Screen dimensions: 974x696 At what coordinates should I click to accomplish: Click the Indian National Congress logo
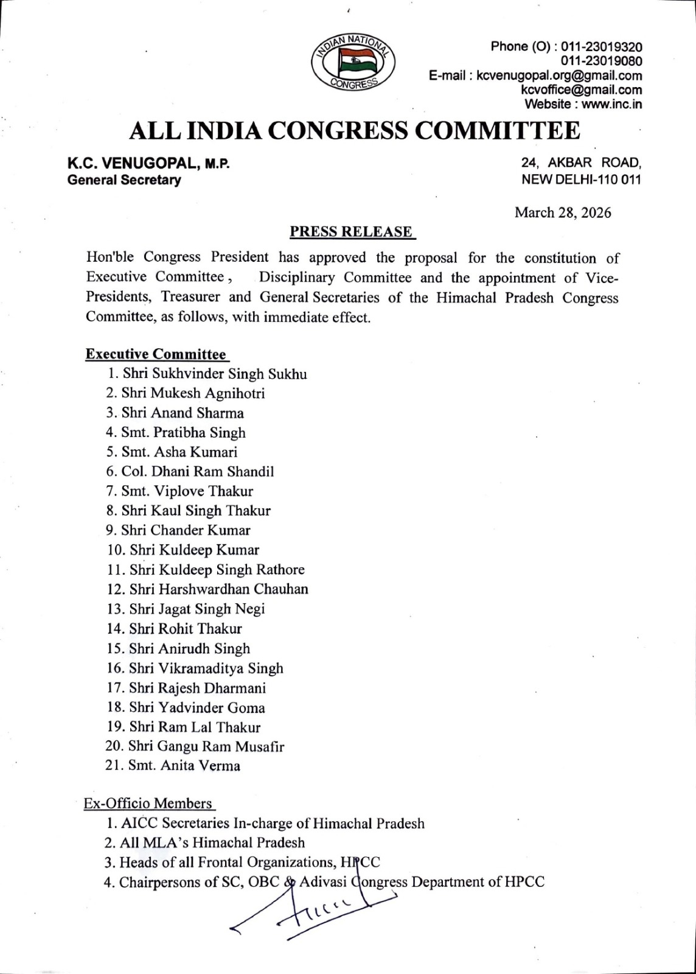tap(353, 62)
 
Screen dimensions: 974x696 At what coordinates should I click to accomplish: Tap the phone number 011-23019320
tap(600, 47)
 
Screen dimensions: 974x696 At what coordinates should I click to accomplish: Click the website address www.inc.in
tap(612, 104)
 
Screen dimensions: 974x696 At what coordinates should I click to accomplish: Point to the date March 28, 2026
tap(563, 212)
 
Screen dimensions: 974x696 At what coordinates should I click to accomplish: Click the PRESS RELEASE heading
tap(351, 232)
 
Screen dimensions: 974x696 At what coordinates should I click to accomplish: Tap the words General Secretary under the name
tap(124, 180)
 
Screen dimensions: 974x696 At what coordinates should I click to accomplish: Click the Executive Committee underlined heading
tap(156, 354)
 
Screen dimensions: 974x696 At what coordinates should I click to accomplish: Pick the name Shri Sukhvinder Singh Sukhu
tap(214, 374)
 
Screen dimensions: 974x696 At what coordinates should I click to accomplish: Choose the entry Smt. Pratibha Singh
tap(183, 433)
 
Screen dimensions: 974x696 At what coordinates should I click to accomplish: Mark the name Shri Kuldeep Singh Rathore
tap(217, 570)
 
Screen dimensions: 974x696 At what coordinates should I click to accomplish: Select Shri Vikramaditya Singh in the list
tap(206, 668)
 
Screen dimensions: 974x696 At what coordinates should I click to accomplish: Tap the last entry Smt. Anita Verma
tap(184, 766)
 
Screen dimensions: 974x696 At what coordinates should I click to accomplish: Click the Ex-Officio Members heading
tap(148, 804)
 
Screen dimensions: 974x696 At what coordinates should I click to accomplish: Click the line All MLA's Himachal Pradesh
tap(212, 843)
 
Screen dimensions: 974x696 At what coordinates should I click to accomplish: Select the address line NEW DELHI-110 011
tap(581, 180)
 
